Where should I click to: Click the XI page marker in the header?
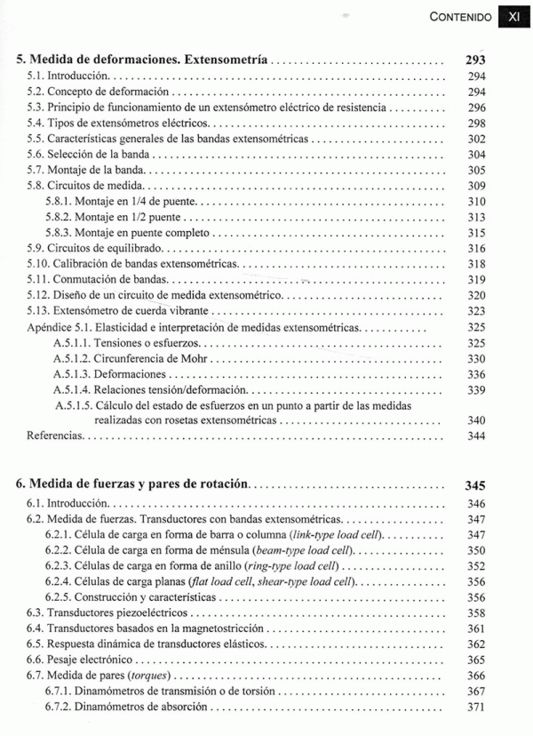click(513, 16)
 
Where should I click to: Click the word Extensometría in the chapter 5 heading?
click(225, 60)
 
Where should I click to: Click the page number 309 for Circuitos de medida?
click(476, 186)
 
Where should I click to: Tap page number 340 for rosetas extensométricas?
click(476, 420)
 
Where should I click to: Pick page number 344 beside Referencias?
click(476, 436)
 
